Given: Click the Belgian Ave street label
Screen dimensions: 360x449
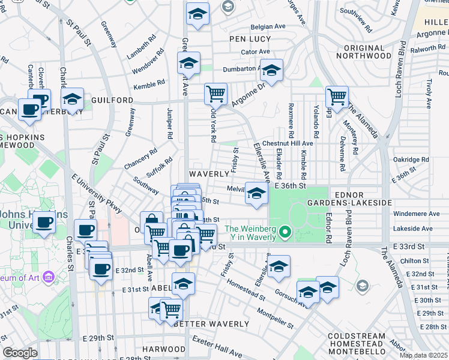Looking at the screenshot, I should [x=268, y=26].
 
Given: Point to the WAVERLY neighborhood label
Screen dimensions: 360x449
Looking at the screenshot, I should [x=209, y=173].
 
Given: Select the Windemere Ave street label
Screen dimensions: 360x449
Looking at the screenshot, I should [x=417, y=214].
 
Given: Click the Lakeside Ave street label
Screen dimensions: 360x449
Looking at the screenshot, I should [x=414, y=229].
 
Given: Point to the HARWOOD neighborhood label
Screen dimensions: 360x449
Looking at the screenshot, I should [x=160, y=349].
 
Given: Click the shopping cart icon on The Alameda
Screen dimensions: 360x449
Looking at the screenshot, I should [x=337, y=95].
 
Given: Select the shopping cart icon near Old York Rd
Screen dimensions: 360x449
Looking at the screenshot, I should [x=215, y=93].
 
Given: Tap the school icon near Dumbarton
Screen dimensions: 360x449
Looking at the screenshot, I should [x=271, y=70].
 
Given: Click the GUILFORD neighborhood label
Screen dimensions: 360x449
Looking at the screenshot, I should [x=112, y=100].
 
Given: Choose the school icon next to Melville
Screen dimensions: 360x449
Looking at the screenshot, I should [x=256, y=193].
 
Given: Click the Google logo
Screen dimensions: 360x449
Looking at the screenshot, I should [x=20, y=353].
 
